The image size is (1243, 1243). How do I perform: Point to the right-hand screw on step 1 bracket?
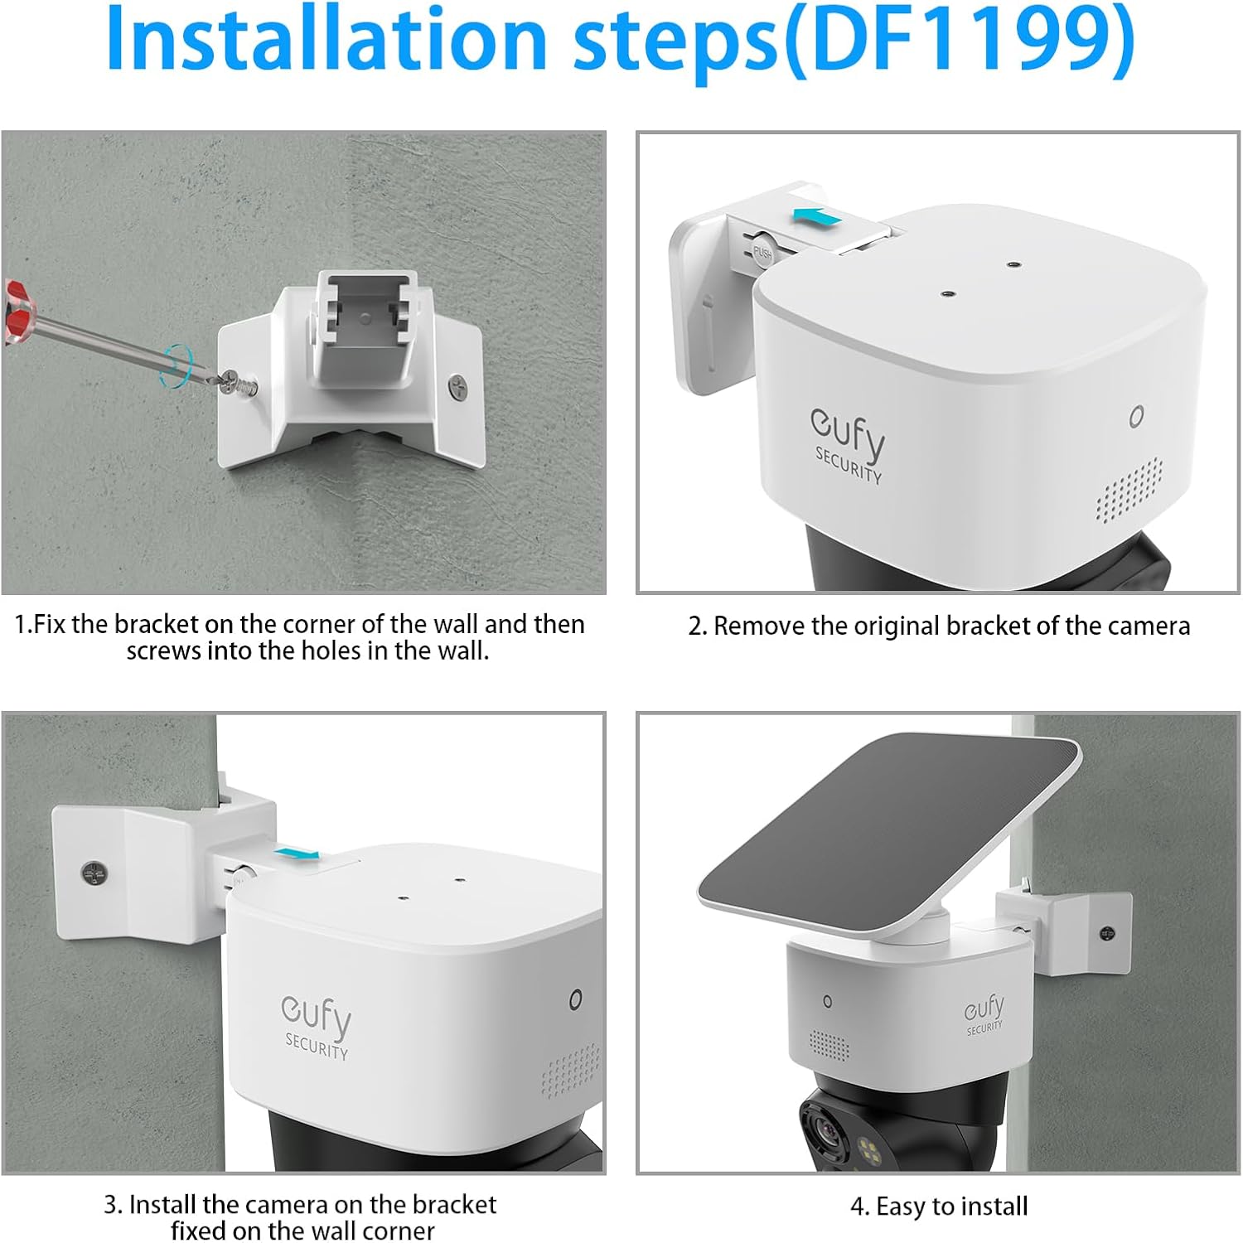coord(457,385)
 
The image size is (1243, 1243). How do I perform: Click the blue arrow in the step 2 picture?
coord(817,217)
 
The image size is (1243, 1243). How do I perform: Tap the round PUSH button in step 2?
coord(762,252)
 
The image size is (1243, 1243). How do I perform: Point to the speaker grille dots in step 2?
coord(1129,491)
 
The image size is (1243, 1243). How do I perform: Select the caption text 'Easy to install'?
coord(951,1207)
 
